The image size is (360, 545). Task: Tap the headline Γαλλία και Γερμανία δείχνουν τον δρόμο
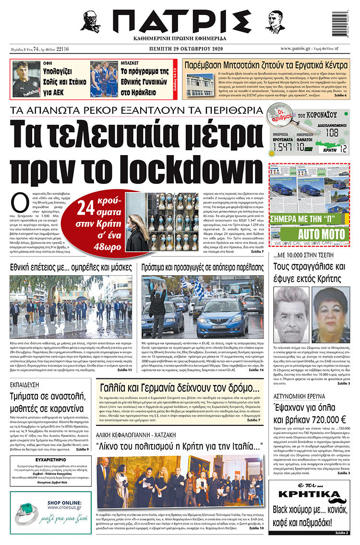click(x=179, y=388)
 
